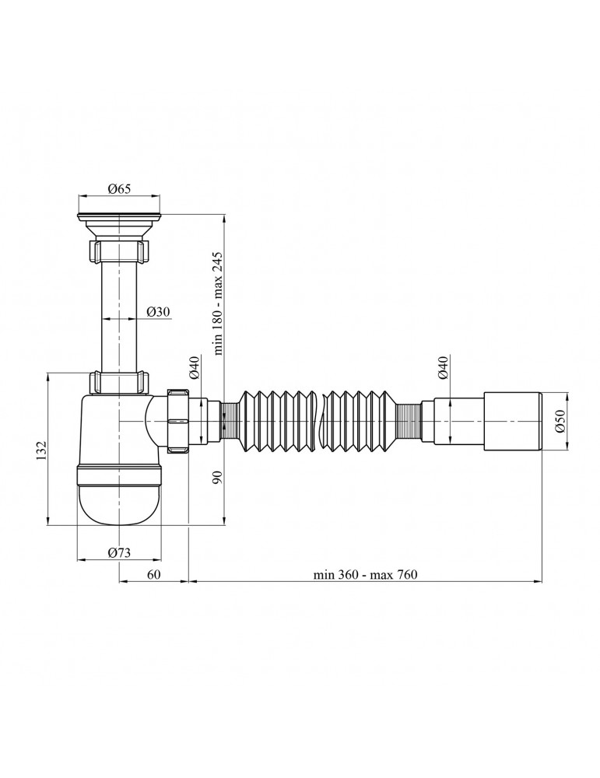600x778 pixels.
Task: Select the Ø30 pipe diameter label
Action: pyautogui.click(x=159, y=311)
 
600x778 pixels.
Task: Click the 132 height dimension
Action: pyautogui.click(x=41, y=449)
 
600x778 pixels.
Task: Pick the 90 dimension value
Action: pyautogui.click(x=217, y=476)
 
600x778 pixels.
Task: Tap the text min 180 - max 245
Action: pyautogui.click(x=218, y=303)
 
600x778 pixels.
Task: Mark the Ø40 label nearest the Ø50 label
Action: pyautogui.click(x=442, y=366)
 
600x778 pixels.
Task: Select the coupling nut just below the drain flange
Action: pyautogui.click(x=119, y=251)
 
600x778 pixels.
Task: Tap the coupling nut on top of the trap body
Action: pyautogui.click(x=119, y=382)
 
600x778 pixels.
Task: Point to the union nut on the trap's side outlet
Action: pyautogui.click(x=179, y=421)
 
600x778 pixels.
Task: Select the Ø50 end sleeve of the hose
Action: pyautogui.click(x=512, y=421)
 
